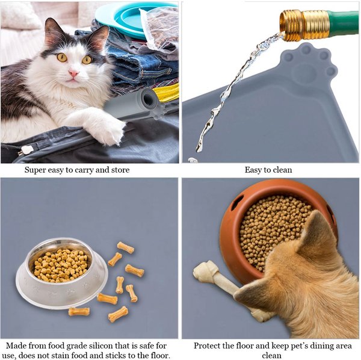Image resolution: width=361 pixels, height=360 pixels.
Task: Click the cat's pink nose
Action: click(73, 73)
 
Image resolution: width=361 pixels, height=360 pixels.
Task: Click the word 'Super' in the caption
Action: click(35, 170)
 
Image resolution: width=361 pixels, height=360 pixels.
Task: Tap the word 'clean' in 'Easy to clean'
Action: click(282, 170)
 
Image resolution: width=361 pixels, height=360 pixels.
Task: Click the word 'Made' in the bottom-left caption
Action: click(15, 346)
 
